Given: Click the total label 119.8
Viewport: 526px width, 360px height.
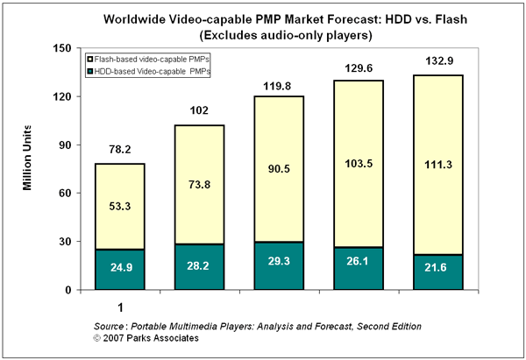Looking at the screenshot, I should coord(280,86).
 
